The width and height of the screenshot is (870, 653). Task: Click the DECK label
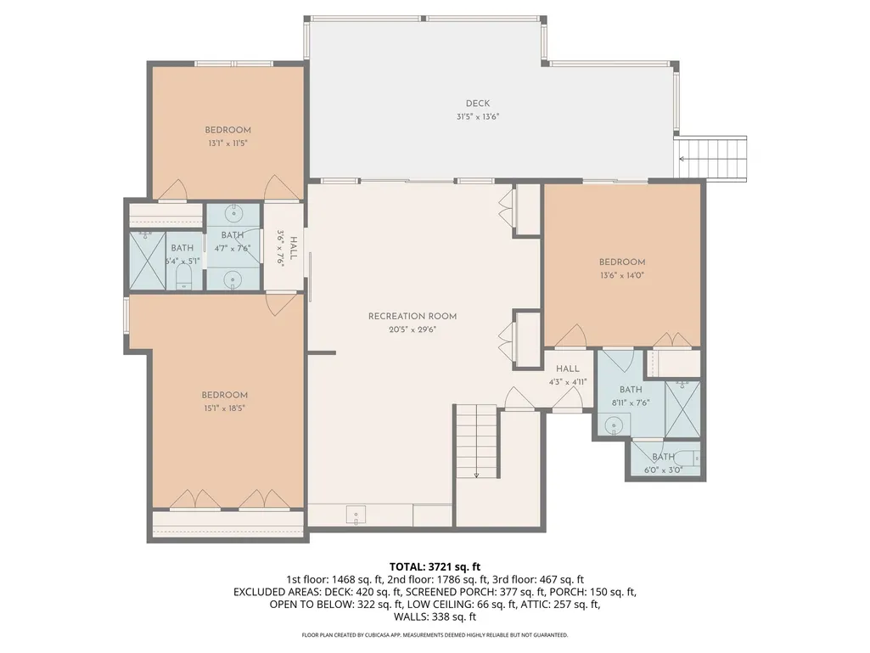pos(478,104)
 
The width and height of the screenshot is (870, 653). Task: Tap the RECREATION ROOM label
pos(413,316)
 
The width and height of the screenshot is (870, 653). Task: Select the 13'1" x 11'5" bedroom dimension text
pos(227,144)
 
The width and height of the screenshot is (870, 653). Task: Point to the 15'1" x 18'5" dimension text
pos(224,408)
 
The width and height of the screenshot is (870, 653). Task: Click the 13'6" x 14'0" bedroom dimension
pos(622,275)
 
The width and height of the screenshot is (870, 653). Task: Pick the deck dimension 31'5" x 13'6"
pos(478,116)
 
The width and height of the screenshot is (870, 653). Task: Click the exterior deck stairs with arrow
pos(710,158)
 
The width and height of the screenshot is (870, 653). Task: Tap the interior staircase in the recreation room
pos(476,442)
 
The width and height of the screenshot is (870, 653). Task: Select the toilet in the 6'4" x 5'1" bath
pos(183,277)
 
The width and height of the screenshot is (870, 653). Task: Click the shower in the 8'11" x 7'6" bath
pos(682,408)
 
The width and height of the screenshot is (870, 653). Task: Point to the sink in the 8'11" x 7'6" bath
pos(614,426)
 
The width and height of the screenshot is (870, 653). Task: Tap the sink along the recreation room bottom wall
pos(356,515)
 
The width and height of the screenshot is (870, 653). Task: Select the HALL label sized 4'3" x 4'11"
pos(568,369)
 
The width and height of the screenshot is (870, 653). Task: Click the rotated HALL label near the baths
pos(294,248)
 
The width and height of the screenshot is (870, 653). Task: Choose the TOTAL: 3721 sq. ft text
pos(435,567)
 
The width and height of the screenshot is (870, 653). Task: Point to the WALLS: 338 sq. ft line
pos(435,616)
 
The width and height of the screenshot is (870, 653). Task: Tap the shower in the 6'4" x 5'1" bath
pos(147,260)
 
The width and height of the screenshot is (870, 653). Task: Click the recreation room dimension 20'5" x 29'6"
pos(413,329)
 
